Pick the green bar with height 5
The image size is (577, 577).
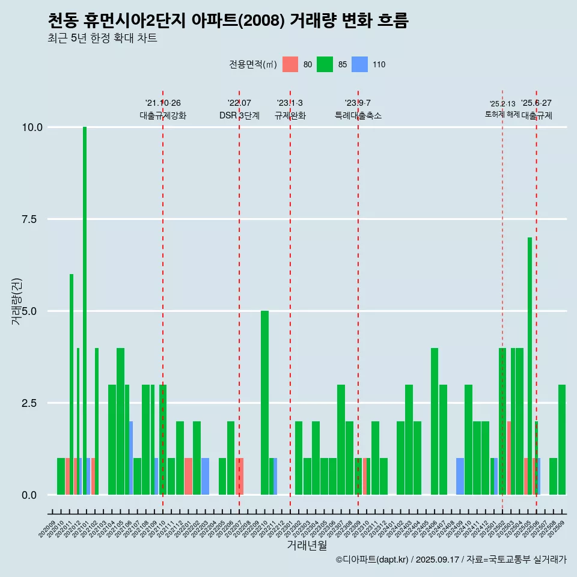(x=264, y=403)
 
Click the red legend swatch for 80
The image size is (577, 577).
(x=290, y=64)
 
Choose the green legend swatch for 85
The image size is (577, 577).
(x=325, y=64)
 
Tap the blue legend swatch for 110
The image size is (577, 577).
(x=359, y=64)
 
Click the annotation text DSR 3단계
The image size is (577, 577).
(x=239, y=115)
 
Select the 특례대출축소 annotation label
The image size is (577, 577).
(x=358, y=115)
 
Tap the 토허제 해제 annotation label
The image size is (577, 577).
(x=502, y=114)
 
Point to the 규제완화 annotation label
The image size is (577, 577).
(x=290, y=115)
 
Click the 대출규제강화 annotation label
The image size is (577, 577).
(x=163, y=115)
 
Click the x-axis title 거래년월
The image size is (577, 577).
(x=307, y=545)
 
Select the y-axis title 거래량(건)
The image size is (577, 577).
(x=16, y=302)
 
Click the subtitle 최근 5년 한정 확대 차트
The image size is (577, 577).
(x=102, y=38)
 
